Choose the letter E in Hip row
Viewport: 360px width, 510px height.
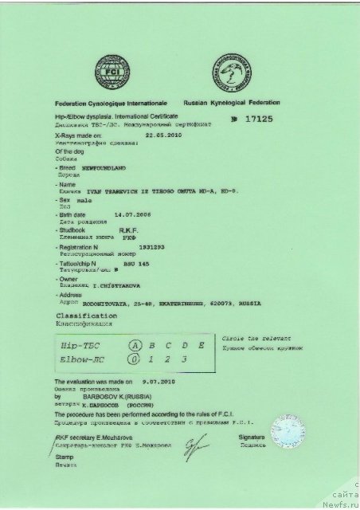click(x=202, y=345)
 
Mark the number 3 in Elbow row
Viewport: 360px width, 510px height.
click(x=185, y=360)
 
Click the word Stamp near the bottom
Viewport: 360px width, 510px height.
click(x=63, y=471)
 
